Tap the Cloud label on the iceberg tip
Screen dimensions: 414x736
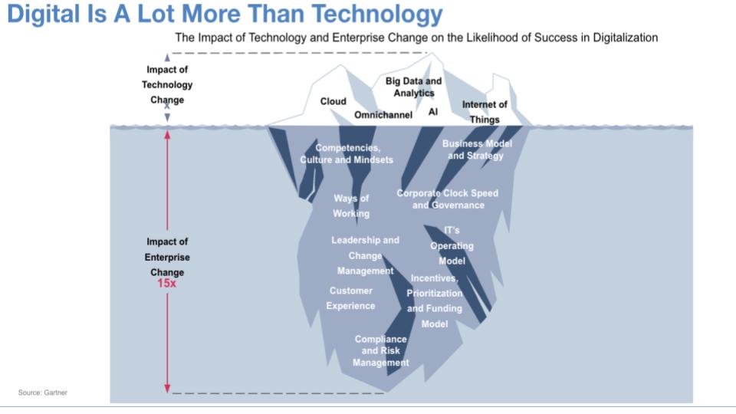click(333, 101)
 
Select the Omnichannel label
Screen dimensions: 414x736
click(383, 115)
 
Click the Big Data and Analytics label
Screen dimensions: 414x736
click(413, 87)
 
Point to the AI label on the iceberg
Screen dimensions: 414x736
click(433, 111)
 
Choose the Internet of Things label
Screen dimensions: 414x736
click(485, 112)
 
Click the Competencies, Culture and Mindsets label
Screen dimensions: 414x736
click(347, 153)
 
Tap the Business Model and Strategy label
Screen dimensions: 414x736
click(476, 149)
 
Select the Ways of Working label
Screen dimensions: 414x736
click(351, 205)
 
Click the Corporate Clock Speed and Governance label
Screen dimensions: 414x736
click(447, 199)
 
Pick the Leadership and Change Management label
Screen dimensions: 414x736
click(365, 255)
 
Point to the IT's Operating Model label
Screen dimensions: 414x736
click(452, 245)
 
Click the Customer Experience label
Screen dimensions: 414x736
click(350, 298)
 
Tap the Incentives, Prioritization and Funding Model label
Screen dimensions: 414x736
click(435, 301)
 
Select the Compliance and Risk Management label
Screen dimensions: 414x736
click(381, 350)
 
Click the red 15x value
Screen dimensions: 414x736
click(167, 283)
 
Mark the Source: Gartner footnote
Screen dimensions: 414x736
click(43, 393)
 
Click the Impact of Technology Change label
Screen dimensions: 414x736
click(167, 84)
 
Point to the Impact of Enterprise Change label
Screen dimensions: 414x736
click(167, 257)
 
